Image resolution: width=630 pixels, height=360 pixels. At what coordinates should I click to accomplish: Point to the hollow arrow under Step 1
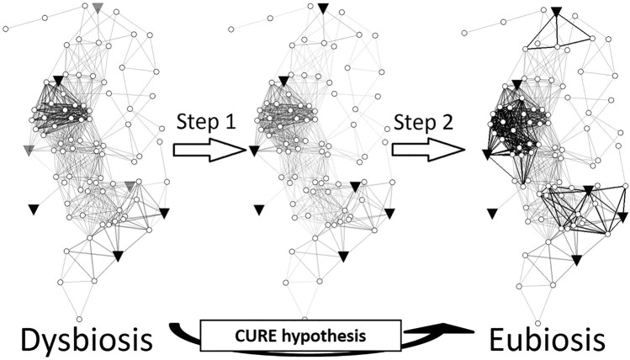pyautogui.click(x=208, y=150)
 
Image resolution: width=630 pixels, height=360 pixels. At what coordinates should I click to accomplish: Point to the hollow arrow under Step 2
pyautogui.click(x=426, y=150)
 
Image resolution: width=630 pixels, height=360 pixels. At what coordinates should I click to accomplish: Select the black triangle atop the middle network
pyautogui.click(x=323, y=9)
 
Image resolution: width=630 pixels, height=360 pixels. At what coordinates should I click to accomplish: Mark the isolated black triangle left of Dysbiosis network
pyautogui.click(x=34, y=209)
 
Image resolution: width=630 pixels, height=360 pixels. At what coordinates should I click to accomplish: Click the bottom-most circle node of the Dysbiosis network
pyautogui.click(x=80, y=319)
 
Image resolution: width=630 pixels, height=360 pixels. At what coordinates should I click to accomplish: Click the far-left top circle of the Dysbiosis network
pyautogui.click(x=6, y=29)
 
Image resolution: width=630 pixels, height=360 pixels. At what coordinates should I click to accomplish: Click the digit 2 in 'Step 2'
pyautogui.click(x=452, y=122)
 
